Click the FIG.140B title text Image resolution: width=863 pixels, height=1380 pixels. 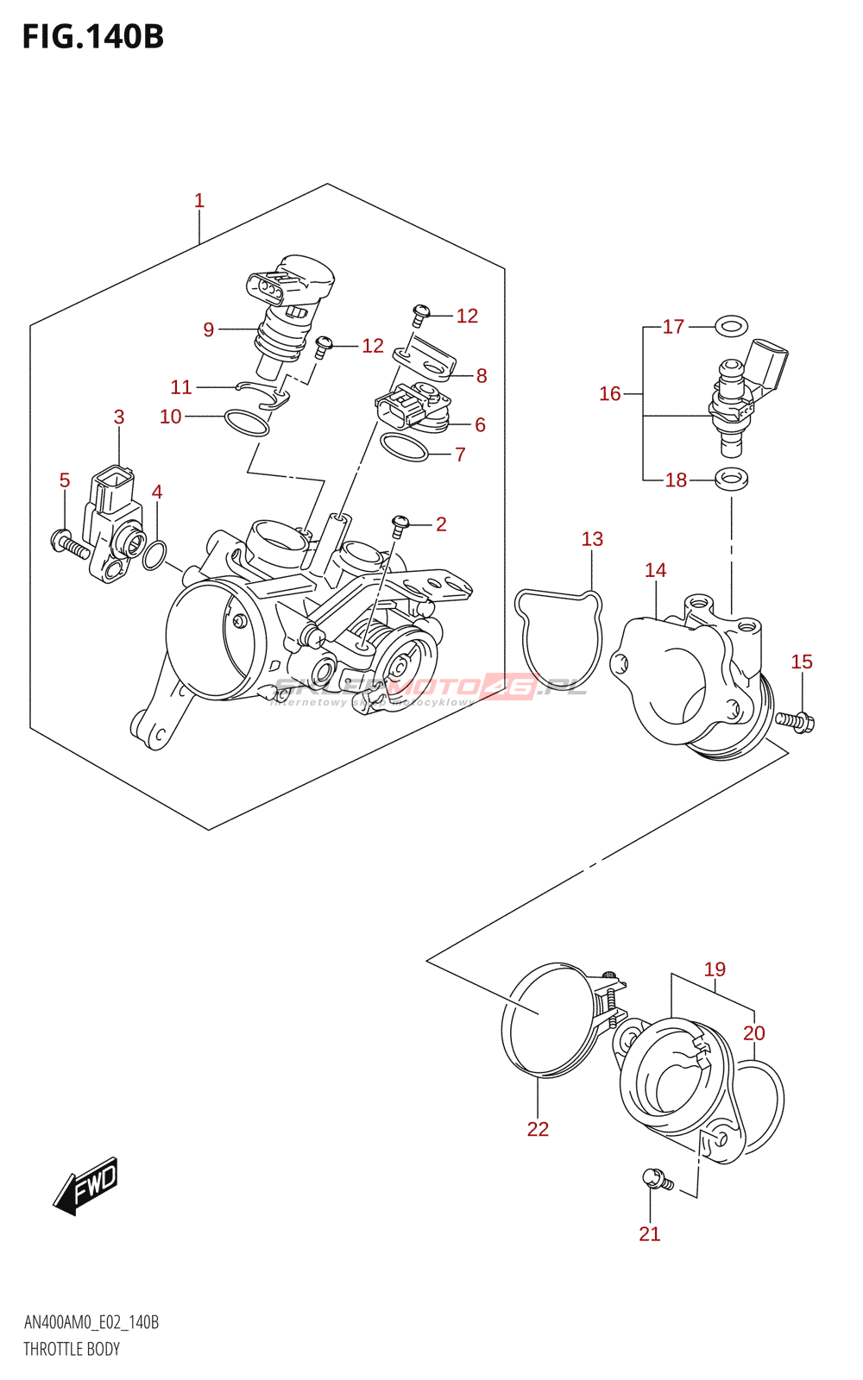[93, 37]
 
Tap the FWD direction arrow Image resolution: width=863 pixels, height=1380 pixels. [86, 1186]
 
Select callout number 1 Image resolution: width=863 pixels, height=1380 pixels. [199, 201]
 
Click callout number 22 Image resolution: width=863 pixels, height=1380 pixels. [538, 1129]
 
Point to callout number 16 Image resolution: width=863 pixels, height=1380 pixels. [610, 393]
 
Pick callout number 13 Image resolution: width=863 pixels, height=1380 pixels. [592, 539]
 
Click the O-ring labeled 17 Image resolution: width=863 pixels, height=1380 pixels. [732, 326]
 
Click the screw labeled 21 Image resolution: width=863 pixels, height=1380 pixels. [657, 1179]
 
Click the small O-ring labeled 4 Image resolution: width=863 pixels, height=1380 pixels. [154, 555]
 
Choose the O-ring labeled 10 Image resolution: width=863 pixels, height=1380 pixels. [247, 423]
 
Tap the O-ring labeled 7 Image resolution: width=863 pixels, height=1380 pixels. [404, 448]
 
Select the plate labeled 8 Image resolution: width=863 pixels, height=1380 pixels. [425, 361]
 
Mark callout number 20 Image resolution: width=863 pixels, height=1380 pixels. [754, 1032]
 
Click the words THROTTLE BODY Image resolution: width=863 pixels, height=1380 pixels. [72, 1349]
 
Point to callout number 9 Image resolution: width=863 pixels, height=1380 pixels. [209, 329]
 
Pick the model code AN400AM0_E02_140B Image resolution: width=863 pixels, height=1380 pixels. [91, 1322]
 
